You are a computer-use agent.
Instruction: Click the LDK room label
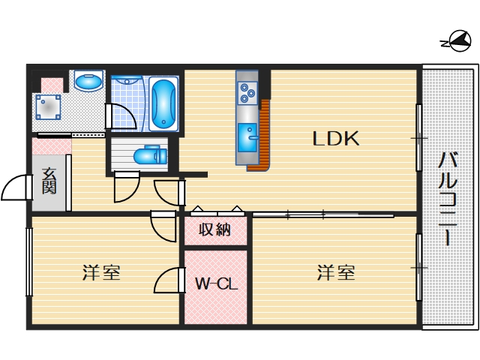tap(337, 139)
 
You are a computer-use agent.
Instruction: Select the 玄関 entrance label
tap(49, 182)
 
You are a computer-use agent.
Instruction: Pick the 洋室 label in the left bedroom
tap(101, 273)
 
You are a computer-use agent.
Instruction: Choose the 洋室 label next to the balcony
tap(335, 273)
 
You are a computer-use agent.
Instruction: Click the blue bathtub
tap(163, 105)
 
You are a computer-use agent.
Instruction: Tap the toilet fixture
tap(147, 156)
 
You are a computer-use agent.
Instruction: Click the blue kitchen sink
tap(247, 136)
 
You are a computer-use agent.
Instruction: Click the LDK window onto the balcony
tap(418, 139)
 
